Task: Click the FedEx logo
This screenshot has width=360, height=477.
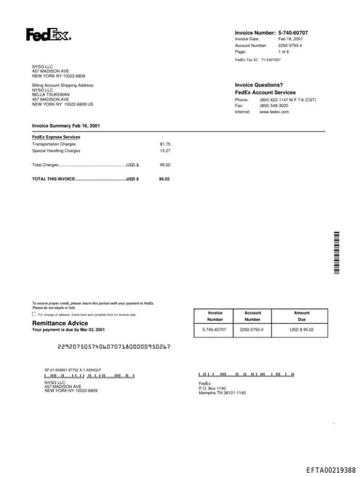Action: click(x=49, y=34)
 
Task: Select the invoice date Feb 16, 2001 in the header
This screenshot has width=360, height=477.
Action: click(x=290, y=39)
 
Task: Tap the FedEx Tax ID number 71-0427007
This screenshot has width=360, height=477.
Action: click(x=270, y=60)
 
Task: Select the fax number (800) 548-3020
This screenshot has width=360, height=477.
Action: click(x=274, y=106)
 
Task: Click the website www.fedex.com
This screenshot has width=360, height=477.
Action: click(x=274, y=112)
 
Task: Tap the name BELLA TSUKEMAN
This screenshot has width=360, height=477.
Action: click(x=51, y=94)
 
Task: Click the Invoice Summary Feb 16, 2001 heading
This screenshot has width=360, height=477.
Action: click(x=66, y=125)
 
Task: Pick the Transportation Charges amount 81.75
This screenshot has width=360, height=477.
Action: click(x=165, y=144)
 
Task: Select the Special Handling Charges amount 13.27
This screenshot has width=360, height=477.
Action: click(x=165, y=151)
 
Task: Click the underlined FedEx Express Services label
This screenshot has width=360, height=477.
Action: click(x=56, y=136)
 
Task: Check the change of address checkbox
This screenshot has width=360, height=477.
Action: click(x=34, y=314)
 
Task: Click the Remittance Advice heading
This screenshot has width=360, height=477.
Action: click(x=60, y=323)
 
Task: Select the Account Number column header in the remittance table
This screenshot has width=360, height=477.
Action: click(x=252, y=316)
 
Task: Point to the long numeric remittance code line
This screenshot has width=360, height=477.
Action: click(x=113, y=346)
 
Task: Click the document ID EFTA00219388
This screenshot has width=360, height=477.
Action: click(x=330, y=469)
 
